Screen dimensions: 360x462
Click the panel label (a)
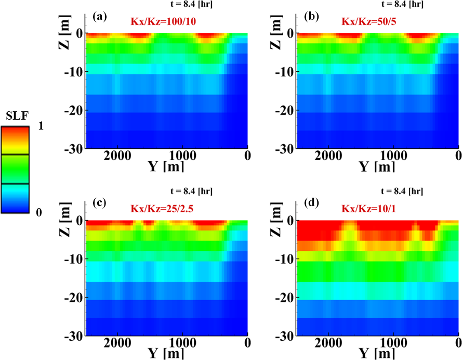[x=99, y=16]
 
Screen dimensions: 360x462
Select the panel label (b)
[x=311, y=16]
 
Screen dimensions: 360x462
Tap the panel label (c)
[x=99, y=204]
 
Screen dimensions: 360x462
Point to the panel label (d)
[x=311, y=204]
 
